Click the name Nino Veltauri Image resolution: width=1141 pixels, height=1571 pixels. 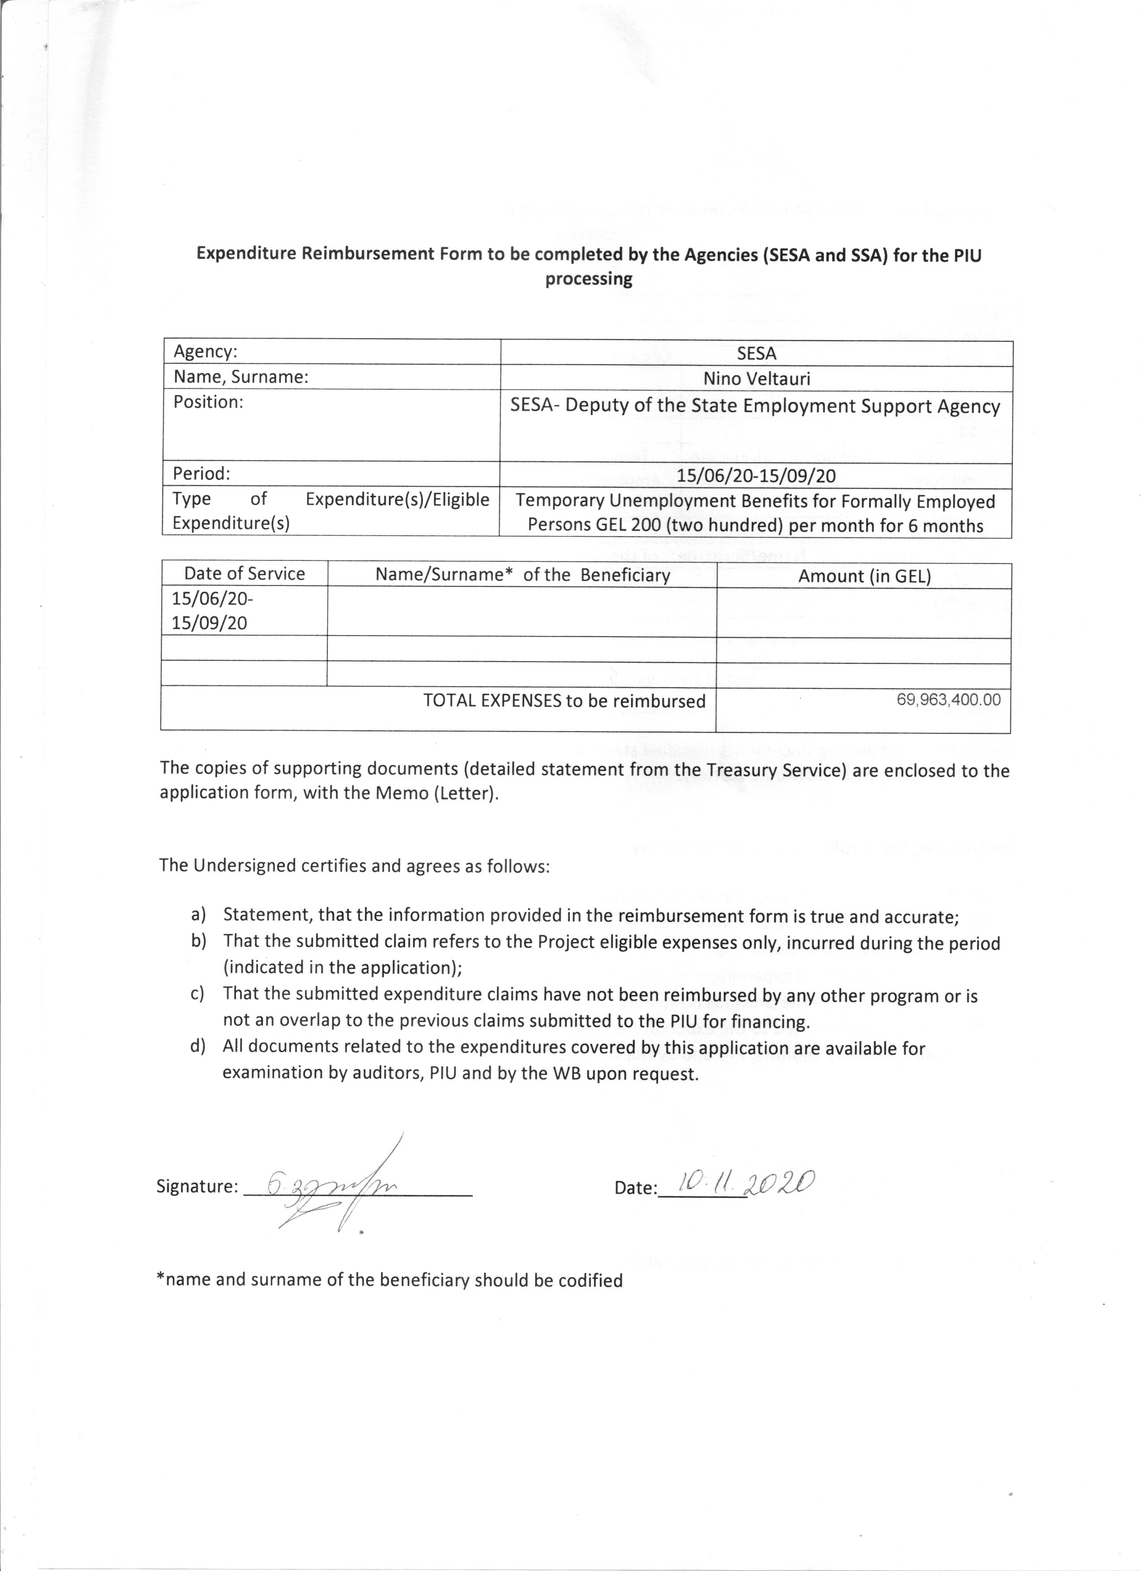(x=757, y=379)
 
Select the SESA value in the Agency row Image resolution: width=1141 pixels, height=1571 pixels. (x=757, y=353)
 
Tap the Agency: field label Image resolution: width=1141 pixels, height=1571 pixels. (x=205, y=352)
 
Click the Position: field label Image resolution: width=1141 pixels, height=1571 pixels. (x=208, y=402)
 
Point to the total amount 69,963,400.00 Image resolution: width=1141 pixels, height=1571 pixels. (x=948, y=700)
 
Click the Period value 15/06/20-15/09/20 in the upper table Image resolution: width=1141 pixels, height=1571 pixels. (x=756, y=476)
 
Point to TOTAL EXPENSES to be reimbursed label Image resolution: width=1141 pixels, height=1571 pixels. (x=564, y=701)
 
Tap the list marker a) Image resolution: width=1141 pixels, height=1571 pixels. (x=198, y=915)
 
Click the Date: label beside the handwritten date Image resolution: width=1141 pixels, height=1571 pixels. (x=635, y=1188)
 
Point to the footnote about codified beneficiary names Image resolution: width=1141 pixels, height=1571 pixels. (x=389, y=1280)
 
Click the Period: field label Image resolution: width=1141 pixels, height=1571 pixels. (x=201, y=474)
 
